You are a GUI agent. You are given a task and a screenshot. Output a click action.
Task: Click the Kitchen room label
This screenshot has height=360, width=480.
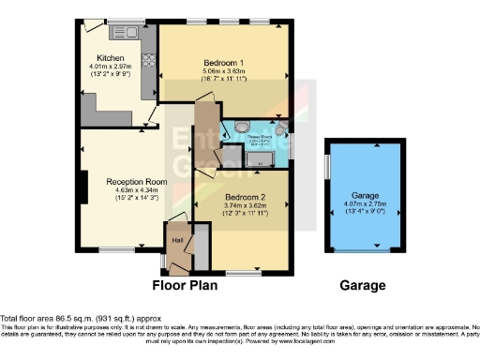[x=97, y=58]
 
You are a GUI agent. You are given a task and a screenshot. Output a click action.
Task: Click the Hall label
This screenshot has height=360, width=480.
[x=177, y=238]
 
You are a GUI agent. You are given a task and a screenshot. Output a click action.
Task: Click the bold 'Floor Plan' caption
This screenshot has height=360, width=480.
[x=186, y=285]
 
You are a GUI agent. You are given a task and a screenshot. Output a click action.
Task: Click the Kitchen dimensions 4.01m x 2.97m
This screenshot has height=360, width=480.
[x=97, y=67]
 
